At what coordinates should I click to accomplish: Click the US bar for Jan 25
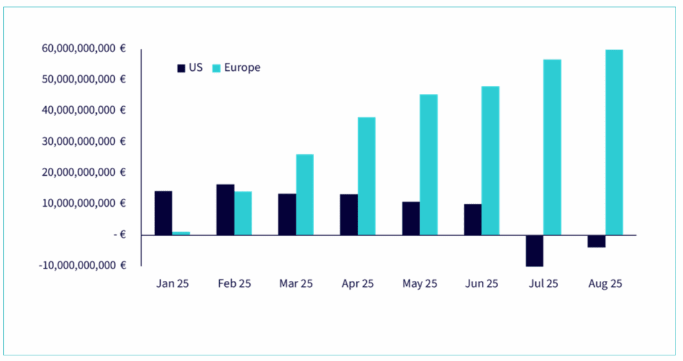163,212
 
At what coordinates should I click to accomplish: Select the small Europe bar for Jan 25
181,233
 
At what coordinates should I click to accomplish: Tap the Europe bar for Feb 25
243,213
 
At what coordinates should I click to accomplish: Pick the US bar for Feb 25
225,209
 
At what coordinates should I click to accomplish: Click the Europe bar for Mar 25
305,194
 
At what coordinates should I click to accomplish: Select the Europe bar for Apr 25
366,176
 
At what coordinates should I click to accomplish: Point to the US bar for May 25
410,218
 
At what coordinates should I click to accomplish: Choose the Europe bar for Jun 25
491,160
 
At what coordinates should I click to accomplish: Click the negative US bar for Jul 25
535,250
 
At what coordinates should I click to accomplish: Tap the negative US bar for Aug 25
597,241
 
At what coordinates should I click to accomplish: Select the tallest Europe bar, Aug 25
614,142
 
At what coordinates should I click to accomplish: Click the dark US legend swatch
181,68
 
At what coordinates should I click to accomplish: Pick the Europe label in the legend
242,68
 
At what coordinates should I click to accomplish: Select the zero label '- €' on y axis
120,234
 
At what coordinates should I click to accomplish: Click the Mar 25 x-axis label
296,284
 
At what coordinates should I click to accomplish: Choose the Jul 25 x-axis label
543,284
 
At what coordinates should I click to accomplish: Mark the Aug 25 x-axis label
605,284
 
